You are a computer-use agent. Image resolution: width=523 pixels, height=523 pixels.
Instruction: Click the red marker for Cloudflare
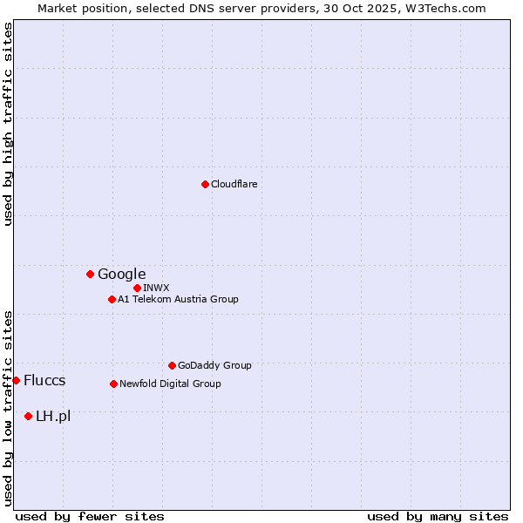205,184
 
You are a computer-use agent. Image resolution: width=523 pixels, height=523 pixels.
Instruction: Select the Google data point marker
90,274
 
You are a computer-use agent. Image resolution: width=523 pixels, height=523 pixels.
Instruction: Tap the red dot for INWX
137,288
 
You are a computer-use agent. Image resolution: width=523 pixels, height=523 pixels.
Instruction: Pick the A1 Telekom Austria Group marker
112,299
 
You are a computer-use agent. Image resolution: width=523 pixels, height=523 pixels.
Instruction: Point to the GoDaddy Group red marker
172,365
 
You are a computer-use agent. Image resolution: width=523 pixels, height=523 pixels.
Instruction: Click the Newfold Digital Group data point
113,384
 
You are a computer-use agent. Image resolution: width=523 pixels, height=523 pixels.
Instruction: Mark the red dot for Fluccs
16,380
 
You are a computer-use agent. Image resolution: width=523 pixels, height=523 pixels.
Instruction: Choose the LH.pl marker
28,416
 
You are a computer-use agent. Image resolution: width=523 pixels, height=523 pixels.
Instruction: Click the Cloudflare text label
234,184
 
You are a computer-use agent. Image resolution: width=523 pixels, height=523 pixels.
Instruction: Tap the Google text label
122,274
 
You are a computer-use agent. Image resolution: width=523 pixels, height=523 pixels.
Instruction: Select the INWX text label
156,288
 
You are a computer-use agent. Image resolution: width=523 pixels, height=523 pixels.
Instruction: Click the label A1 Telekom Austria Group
178,299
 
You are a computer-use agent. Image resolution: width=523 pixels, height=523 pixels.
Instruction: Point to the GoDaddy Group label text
214,365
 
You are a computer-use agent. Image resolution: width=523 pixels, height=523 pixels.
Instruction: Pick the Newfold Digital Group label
170,384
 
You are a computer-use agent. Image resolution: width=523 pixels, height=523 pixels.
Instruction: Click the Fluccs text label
44,380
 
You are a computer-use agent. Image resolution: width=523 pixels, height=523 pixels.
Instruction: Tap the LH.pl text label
53,416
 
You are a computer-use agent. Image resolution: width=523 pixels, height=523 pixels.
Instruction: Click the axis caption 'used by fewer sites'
90,516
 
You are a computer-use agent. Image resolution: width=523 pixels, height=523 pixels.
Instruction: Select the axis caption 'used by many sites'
438,516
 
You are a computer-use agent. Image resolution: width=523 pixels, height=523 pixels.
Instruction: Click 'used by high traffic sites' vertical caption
8,124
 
